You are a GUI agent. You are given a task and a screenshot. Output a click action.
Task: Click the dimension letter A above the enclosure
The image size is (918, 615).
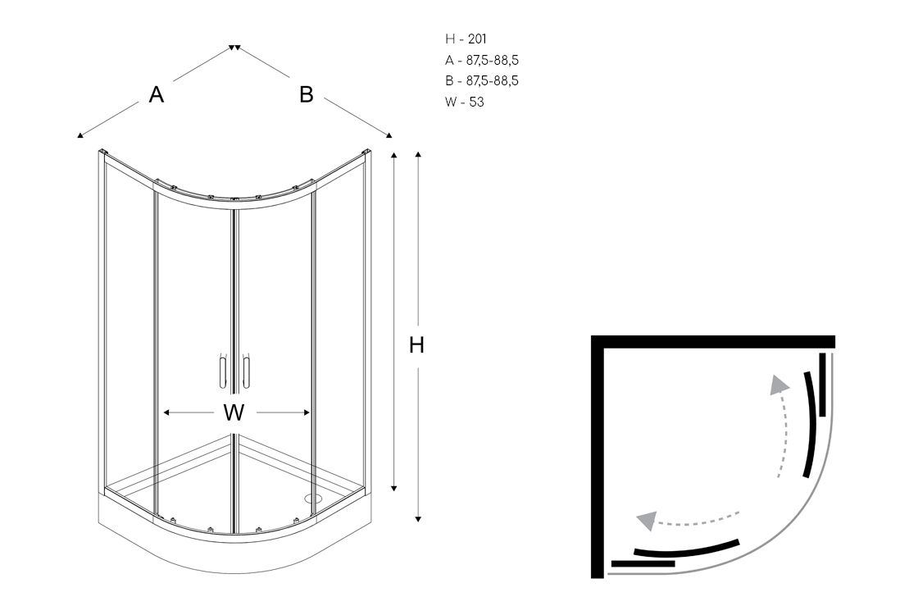(157, 95)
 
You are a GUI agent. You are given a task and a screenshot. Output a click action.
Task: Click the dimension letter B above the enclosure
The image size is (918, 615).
(307, 95)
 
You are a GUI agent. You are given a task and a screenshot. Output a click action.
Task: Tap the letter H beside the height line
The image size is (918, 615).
(417, 346)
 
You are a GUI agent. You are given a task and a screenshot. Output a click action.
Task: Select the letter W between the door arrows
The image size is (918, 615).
(234, 413)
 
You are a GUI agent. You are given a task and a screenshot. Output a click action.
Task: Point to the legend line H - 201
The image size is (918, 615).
(466, 39)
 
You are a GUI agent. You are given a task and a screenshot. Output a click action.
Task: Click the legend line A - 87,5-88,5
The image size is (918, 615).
(482, 60)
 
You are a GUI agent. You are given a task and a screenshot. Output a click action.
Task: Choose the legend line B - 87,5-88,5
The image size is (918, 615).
(482, 81)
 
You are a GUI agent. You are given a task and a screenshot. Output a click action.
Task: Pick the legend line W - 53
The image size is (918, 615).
(465, 102)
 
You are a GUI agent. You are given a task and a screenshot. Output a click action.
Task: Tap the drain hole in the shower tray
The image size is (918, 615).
(312, 497)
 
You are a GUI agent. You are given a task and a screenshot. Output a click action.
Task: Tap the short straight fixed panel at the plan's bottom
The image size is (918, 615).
(643, 563)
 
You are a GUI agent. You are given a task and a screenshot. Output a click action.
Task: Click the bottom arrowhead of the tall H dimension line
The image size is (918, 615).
(419, 518)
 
